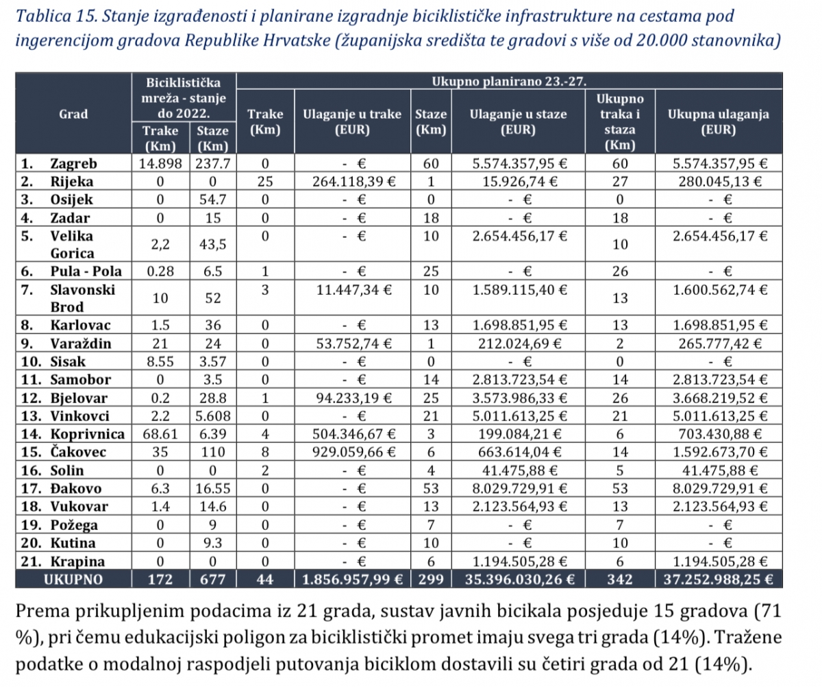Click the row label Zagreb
[x=73, y=164]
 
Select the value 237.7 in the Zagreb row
[x=212, y=164]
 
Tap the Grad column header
[x=73, y=114]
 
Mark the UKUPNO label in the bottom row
[x=73, y=579]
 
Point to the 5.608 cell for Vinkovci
[x=212, y=415]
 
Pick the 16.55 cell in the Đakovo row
[x=212, y=488]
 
